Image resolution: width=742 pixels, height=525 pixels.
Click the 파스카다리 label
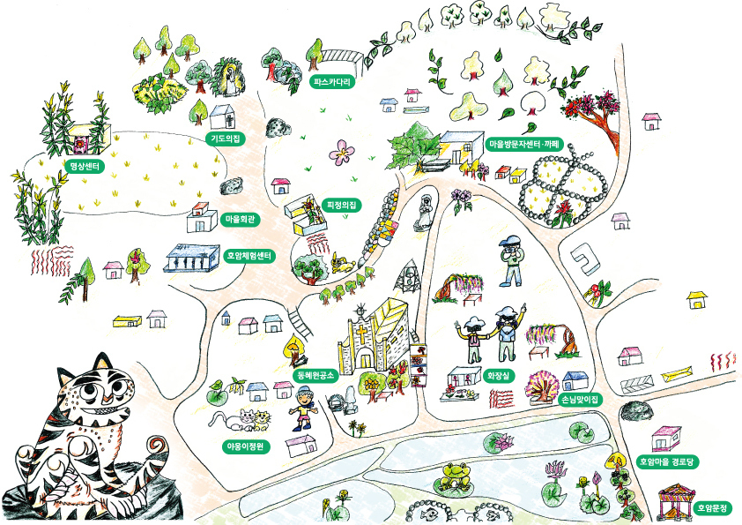click(333, 81)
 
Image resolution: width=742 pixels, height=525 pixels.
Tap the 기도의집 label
click(225, 139)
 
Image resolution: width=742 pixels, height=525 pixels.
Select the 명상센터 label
click(85, 166)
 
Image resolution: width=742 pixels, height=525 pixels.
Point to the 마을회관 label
click(240, 220)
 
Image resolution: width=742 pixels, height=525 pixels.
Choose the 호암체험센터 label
click(249, 257)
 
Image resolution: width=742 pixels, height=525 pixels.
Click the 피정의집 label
click(342, 206)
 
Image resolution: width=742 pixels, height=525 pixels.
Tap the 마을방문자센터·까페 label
click(524, 144)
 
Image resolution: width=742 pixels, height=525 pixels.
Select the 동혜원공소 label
click(315, 375)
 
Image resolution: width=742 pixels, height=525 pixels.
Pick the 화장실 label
click(498, 376)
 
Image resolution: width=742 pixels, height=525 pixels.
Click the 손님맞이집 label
click(579, 399)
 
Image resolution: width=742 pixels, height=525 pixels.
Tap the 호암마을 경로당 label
click(667, 461)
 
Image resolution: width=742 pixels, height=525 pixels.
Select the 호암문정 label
click(713, 508)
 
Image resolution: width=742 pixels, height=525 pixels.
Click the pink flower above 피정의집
click(341, 152)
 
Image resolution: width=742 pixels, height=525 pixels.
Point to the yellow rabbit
click(342, 263)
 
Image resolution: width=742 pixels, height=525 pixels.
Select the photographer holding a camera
click(511, 260)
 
